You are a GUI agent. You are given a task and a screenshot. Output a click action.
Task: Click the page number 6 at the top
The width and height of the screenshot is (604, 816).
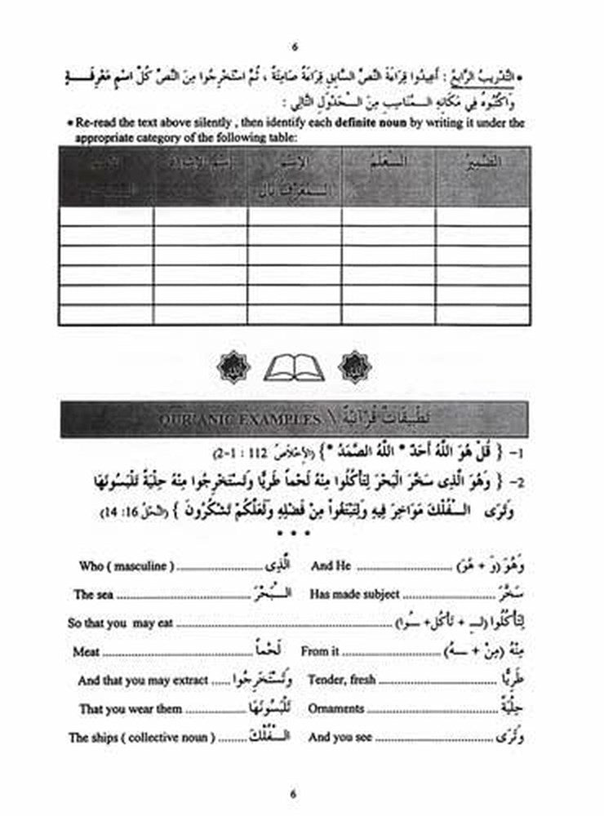click(295, 46)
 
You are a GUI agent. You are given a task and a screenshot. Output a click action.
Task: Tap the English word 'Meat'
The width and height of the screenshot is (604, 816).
click(86, 652)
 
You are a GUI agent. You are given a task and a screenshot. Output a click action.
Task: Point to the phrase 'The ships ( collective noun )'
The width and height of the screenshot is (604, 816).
click(142, 738)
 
